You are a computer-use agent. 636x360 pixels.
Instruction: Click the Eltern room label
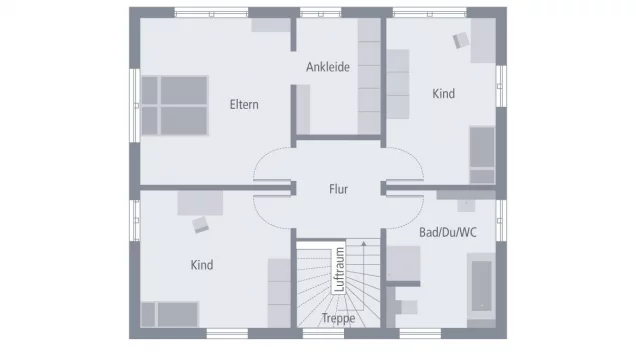[244, 104]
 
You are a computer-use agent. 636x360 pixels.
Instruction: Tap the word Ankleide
[328, 68]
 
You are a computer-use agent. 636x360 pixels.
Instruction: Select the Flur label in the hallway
[338, 188]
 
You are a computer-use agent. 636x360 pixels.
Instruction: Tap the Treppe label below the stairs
[338, 319]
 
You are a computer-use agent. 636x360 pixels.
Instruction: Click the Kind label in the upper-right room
[443, 94]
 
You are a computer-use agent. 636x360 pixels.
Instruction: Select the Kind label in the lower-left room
[201, 265]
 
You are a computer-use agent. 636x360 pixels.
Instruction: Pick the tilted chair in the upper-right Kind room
[461, 40]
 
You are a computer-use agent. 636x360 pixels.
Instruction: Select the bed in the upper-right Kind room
[482, 155]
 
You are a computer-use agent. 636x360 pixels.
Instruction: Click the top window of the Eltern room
[211, 13]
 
